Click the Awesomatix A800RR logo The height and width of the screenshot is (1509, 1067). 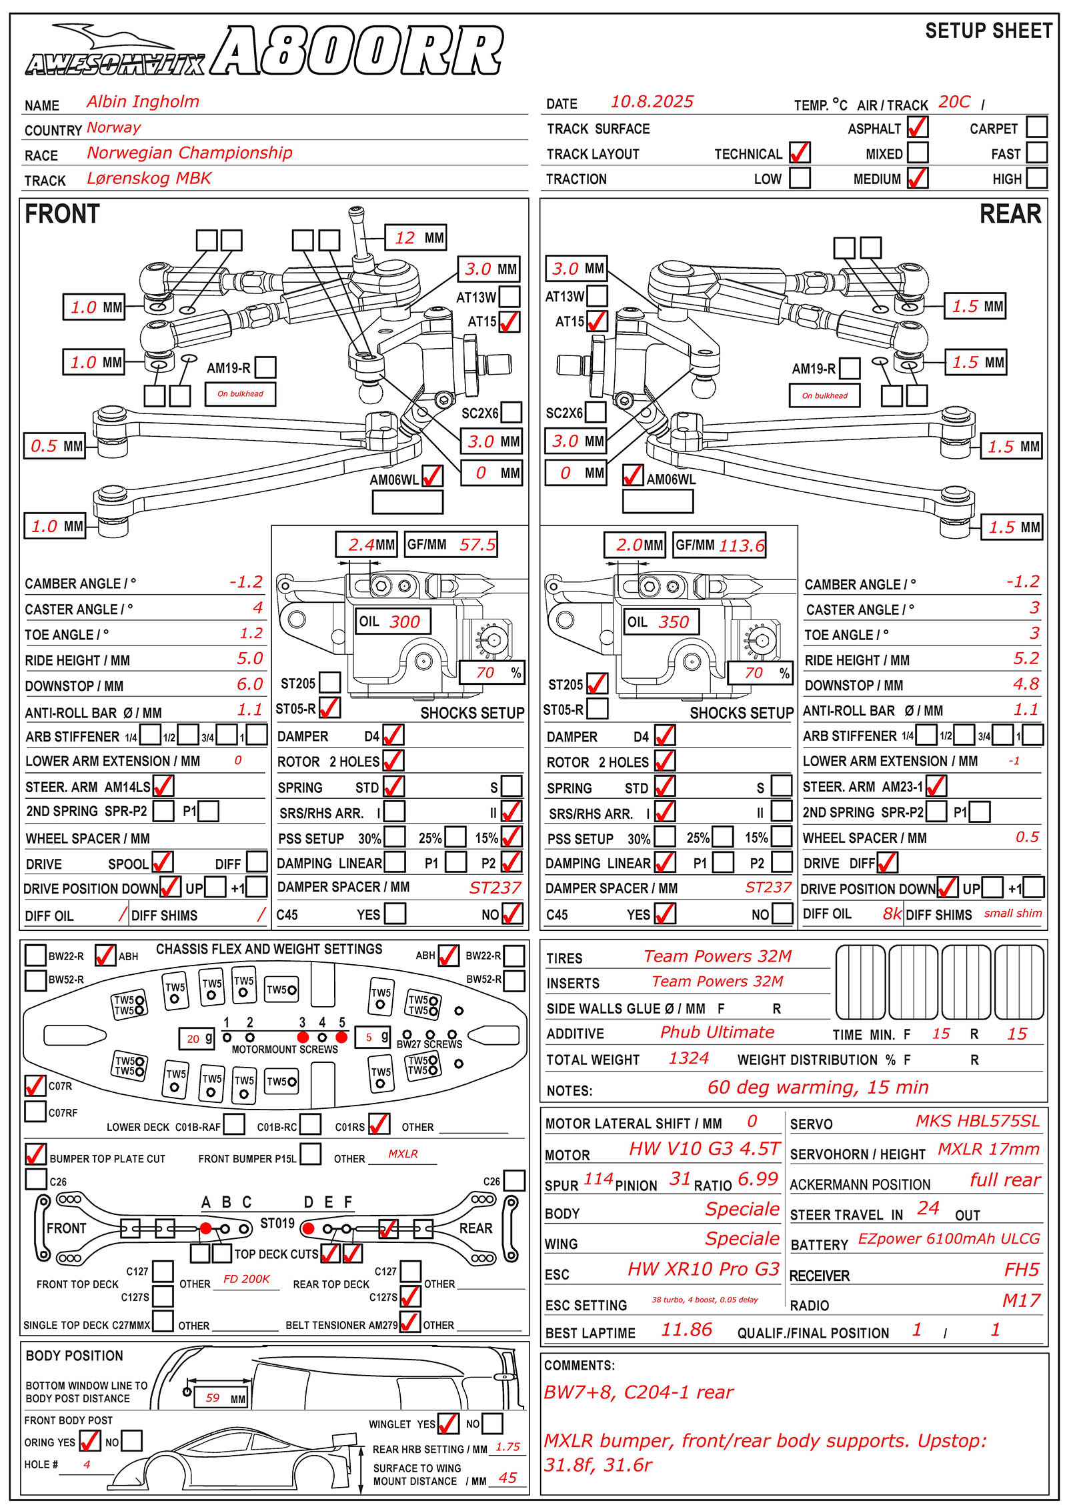point(264,50)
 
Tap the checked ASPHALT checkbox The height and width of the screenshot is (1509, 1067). point(918,127)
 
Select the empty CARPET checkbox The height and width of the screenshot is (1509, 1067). point(1036,127)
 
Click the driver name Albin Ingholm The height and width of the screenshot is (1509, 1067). point(143,101)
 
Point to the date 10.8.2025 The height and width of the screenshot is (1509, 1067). point(652,101)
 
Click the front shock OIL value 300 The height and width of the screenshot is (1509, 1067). point(405,621)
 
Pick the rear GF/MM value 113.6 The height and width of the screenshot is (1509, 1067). point(742,545)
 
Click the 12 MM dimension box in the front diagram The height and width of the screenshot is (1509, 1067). point(416,237)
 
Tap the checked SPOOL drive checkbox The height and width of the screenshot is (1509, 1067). point(162,862)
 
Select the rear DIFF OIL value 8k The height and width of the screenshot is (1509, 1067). point(892,913)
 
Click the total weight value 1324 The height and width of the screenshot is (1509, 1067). point(689,1058)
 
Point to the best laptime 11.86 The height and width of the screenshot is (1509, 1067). point(686,1330)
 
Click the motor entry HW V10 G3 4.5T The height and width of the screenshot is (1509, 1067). point(704,1148)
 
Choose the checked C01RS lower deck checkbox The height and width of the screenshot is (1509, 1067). point(379,1124)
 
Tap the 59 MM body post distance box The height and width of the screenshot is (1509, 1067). point(221,1398)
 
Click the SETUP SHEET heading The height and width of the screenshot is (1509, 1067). point(988,31)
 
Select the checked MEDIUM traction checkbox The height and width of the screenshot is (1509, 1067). point(918,177)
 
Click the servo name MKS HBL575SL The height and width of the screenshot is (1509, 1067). point(978,1121)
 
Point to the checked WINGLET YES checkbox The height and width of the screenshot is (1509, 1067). point(447,1423)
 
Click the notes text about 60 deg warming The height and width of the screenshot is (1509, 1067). point(818,1088)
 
